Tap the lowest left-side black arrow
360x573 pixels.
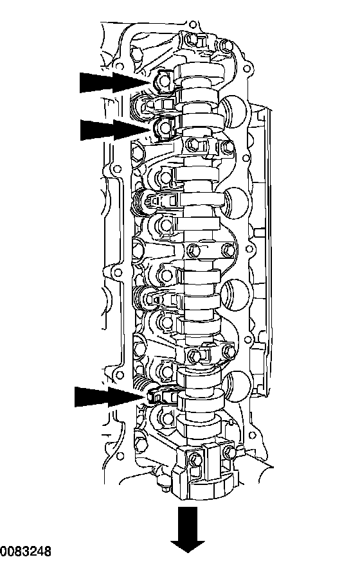pos(111,397)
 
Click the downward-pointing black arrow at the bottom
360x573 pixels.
pos(188,529)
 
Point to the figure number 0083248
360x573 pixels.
pos(26,551)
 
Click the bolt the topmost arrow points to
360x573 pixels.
pos(163,82)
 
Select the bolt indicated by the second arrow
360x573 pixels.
pos(163,127)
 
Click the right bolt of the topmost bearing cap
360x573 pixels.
pos(227,46)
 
